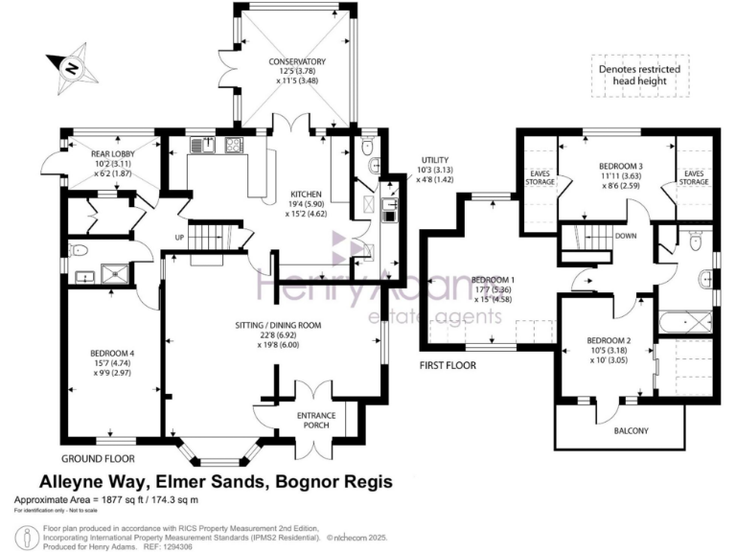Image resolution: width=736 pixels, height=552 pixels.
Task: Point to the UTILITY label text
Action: [x=436, y=159]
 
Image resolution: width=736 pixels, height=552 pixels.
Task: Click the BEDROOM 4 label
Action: [x=112, y=353]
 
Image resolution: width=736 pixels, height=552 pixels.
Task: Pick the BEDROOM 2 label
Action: [x=609, y=340]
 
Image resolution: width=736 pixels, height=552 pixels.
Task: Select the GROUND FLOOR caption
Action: [x=97, y=458]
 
